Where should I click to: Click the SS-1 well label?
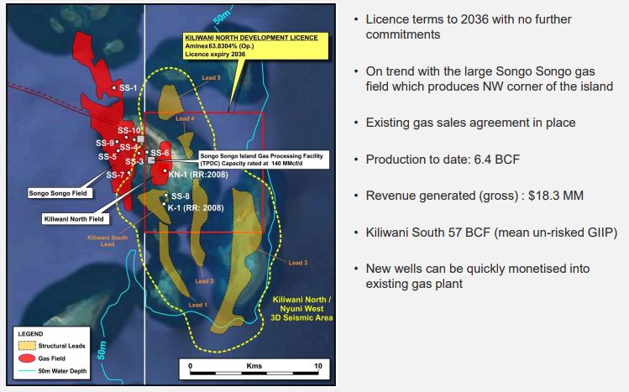coord(128,88)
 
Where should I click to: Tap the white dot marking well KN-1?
coord(165,170)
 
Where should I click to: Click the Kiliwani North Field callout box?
coord(76,219)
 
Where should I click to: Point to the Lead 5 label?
coord(211,78)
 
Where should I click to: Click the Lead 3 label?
coord(297,263)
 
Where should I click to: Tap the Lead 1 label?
coord(197,305)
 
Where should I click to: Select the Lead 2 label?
coord(204,281)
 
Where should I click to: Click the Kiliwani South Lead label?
coord(107,241)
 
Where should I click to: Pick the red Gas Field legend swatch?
coord(27,358)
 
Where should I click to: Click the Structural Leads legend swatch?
coord(27,346)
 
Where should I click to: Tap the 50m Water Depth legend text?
coord(62,371)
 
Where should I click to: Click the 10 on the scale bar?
coord(317,365)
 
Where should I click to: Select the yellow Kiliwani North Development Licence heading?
coord(251,38)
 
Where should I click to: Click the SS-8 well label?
coord(180,196)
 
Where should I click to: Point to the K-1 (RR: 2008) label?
coord(196,207)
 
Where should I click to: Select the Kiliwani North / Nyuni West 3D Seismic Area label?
coord(301,309)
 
